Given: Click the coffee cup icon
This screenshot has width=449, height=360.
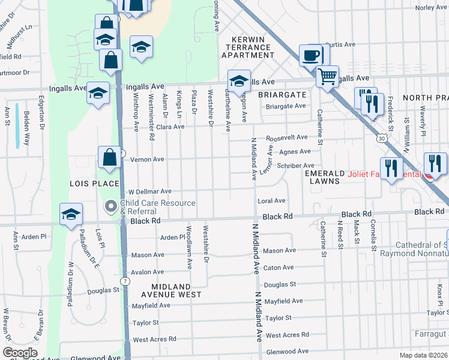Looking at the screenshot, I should point(311,55).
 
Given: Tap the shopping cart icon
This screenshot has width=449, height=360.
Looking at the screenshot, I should point(327,76).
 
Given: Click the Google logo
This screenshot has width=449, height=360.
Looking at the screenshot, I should point(20,353).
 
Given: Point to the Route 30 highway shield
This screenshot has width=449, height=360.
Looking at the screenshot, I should point(381,138).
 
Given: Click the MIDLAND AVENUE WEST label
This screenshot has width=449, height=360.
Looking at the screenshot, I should point(167,290).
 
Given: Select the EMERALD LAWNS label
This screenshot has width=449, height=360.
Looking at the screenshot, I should point(324,177).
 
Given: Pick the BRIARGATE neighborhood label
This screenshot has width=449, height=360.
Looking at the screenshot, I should point(282,95).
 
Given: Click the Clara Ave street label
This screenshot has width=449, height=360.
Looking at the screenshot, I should point(170,127).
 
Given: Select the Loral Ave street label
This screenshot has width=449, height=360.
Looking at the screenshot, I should point(271,201).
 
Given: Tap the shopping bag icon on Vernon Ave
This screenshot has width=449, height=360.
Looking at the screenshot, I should point(110,158).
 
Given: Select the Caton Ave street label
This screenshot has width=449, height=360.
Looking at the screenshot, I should point(279,268).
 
